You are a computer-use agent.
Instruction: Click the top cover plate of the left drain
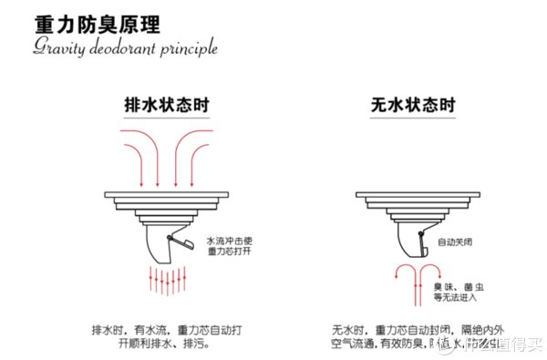pyautogui.click(x=165, y=195)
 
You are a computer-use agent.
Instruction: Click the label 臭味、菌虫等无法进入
pyautogui.click(x=455, y=292)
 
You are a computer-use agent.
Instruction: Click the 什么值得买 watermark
pyautogui.click(x=497, y=344)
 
